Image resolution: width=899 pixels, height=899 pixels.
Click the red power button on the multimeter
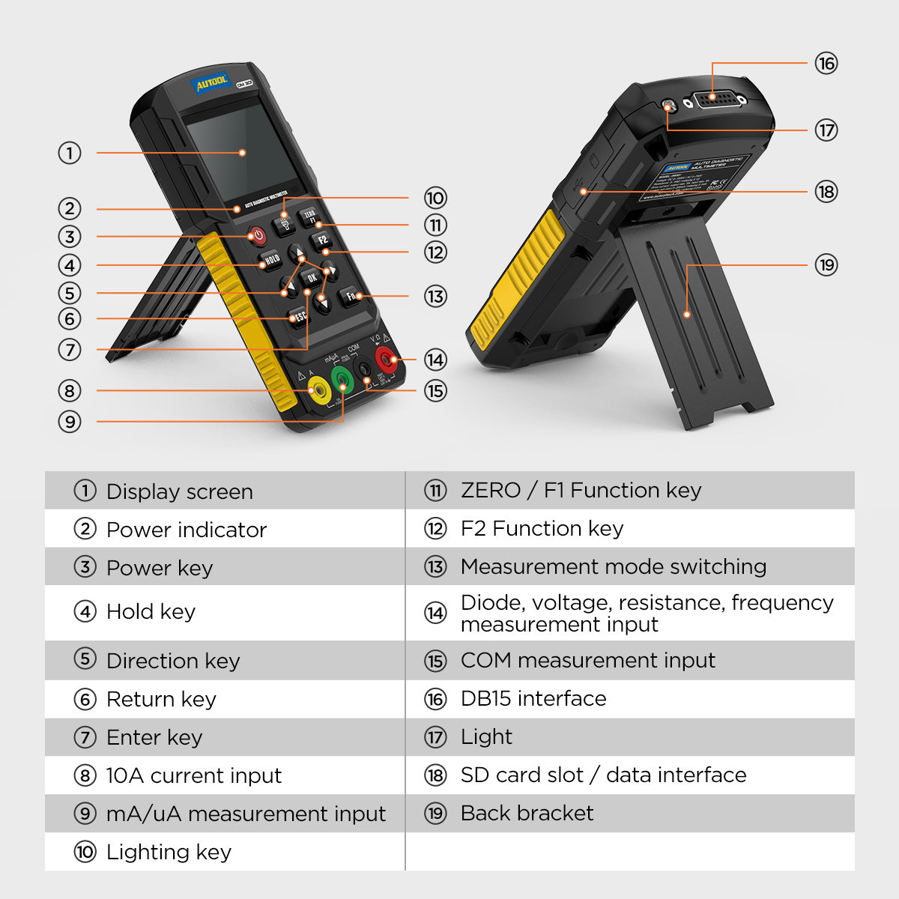[257, 237]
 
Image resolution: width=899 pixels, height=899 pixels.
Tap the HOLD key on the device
[271, 260]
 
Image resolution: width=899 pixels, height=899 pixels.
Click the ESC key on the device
[299, 317]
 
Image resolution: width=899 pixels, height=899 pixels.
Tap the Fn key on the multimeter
[351, 297]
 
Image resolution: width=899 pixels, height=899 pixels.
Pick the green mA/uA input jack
[342, 379]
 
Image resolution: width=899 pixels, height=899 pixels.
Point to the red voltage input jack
[386, 359]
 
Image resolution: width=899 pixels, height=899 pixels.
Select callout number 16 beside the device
[826, 64]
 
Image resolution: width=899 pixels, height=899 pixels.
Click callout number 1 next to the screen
[70, 154]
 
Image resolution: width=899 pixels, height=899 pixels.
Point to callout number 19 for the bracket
[826, 265]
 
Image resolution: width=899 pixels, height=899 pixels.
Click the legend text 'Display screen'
[180, 491]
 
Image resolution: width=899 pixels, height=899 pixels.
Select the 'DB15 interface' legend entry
[533, 698]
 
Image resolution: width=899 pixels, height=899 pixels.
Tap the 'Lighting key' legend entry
[169, 852]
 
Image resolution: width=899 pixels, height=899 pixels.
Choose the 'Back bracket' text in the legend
[527, 813]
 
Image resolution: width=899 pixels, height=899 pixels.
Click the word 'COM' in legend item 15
[486, 660]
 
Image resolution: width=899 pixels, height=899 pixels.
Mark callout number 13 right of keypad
[435, 297]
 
